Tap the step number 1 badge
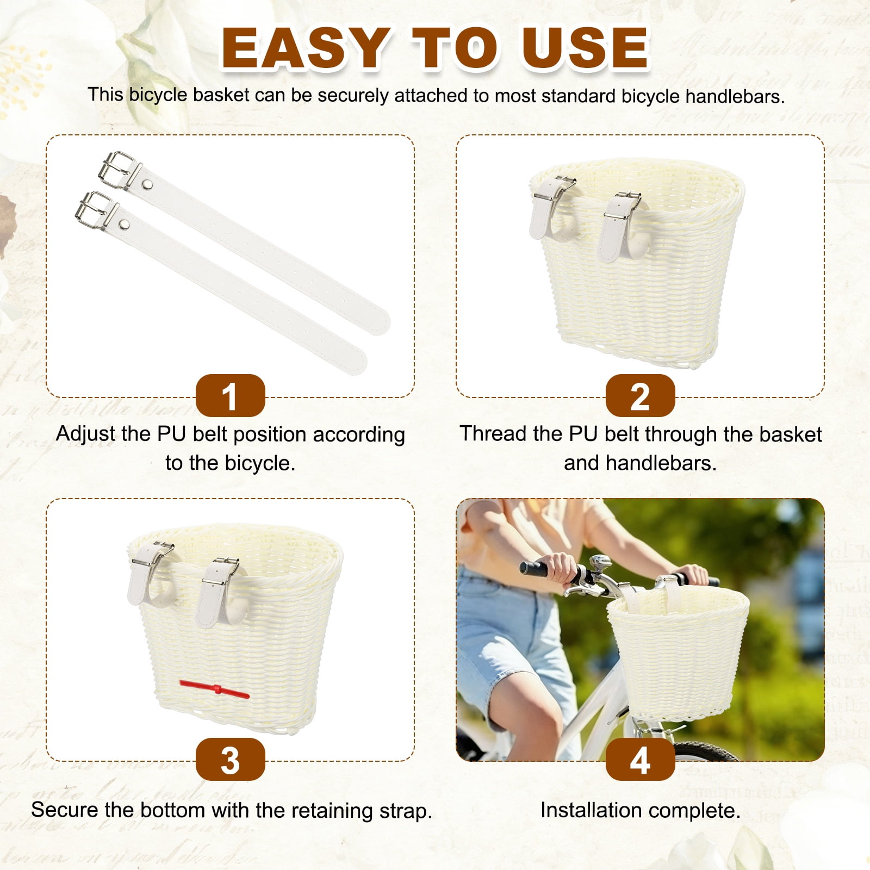click(230, 396)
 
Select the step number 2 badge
click(640, 396)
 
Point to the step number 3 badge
click(230, 760)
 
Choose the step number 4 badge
click(640, 760)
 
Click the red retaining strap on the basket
click(215, 689)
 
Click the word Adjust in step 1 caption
click(84, 434)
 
